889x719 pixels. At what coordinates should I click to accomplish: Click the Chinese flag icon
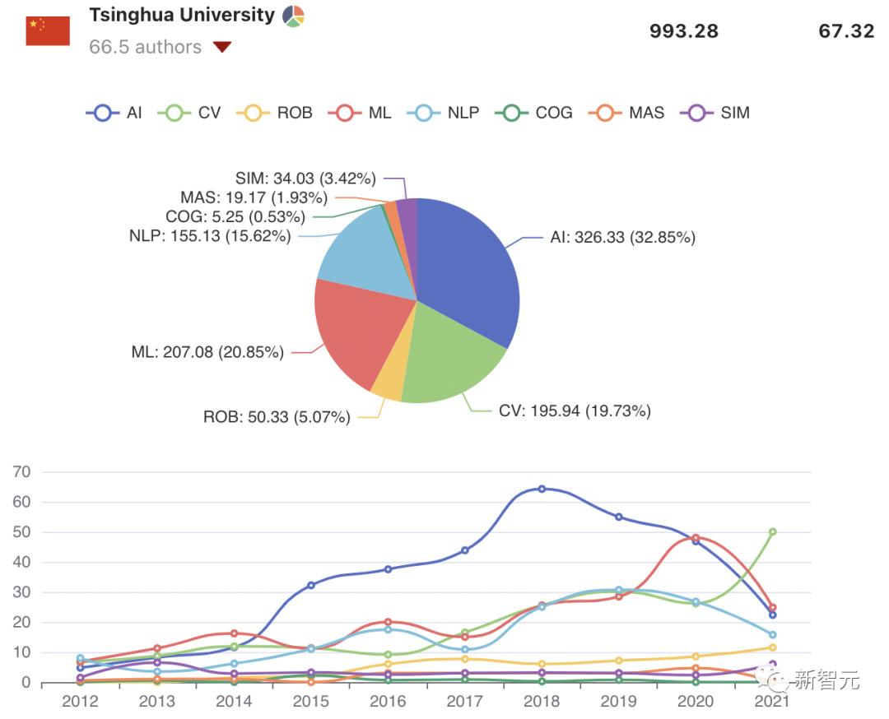coord(48,30)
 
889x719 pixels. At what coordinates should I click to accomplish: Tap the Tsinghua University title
coord(181,16)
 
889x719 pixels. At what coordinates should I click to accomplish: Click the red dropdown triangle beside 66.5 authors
coord(221,47)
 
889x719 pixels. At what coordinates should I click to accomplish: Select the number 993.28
coord(683,31)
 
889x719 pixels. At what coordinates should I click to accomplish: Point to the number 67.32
coord(845,31)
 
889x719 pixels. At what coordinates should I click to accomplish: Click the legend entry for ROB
coord(274,113)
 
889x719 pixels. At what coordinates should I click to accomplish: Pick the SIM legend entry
coord(716,113)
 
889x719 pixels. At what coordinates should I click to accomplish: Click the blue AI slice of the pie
coord(469,263)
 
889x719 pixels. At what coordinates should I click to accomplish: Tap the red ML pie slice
coord(354,329)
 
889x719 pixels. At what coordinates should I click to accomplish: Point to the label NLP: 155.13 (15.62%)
coord(209,236)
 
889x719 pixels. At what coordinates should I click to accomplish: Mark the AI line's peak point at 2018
coord(542,489)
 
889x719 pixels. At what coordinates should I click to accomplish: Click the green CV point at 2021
coord(772,532)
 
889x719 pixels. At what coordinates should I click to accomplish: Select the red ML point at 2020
coord(696,538)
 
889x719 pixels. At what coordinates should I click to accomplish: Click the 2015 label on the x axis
coord(310,702)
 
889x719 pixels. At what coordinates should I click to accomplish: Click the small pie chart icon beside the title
coord(293,16)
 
